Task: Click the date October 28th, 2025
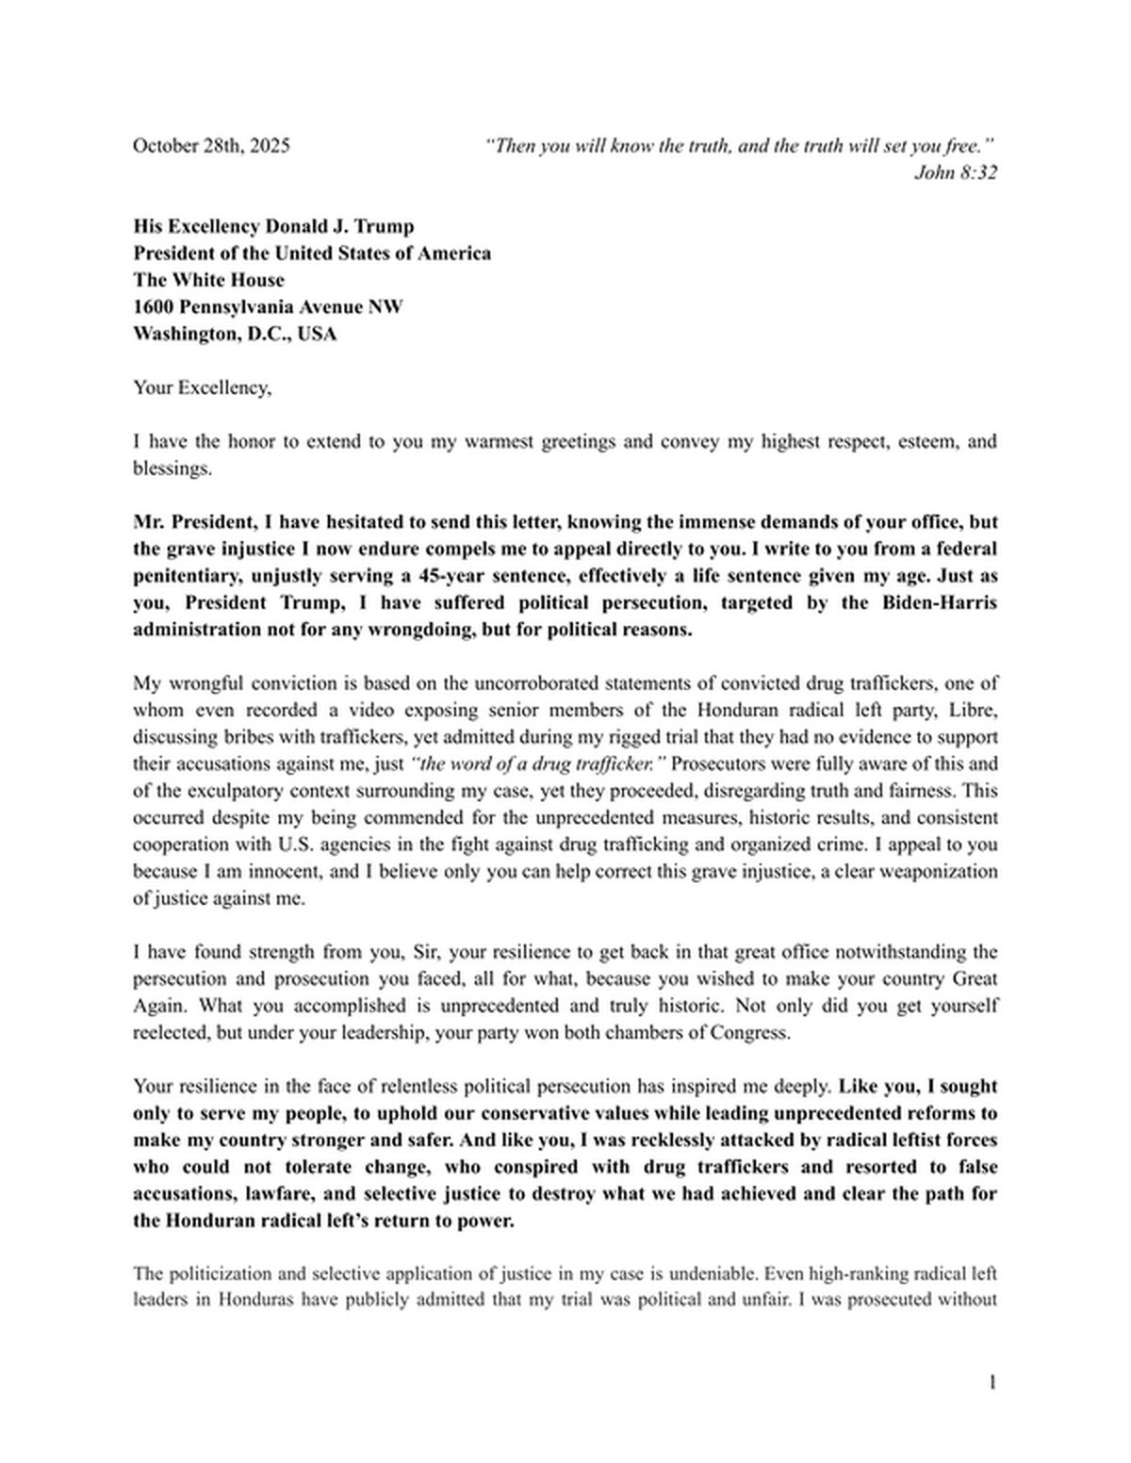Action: coord(211,146)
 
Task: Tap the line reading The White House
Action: coord(208,280)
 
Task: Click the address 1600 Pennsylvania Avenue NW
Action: coord(268,306)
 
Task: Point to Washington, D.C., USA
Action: coord(235,334)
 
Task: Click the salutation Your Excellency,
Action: coord(202,387)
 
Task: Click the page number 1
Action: coord(992,1383)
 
